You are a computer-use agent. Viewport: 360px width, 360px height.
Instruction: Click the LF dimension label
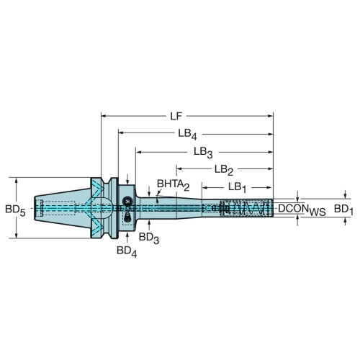click(176, 117)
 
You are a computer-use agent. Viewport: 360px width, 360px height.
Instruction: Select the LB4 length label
click(187, 135)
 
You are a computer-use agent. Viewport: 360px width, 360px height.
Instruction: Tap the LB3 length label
click(203, 153)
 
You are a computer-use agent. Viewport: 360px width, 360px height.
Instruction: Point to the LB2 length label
click(224, 171)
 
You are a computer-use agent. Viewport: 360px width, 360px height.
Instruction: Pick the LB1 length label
click(237, 188)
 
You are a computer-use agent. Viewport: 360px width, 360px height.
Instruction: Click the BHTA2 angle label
click(174, 185)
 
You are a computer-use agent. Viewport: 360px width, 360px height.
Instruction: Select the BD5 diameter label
click(15, 210)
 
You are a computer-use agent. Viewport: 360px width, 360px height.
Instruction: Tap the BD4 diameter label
click(127, 251)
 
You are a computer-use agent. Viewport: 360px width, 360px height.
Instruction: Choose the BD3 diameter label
click(149, 238)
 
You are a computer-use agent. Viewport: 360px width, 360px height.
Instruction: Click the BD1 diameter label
click(343, 210)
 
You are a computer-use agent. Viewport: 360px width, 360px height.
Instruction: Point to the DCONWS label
click(302, 210)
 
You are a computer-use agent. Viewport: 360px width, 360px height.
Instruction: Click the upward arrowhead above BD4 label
click(127, 235)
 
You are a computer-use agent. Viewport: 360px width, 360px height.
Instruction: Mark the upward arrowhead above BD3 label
click(149, 222)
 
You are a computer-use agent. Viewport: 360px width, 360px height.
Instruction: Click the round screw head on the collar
click(127, 201)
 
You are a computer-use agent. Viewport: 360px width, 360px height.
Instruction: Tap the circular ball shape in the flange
click(103, 208)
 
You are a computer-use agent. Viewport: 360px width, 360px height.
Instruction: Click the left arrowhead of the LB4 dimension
click(121, 132)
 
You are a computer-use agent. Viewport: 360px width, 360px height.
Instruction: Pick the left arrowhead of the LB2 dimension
click(179, 168)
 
